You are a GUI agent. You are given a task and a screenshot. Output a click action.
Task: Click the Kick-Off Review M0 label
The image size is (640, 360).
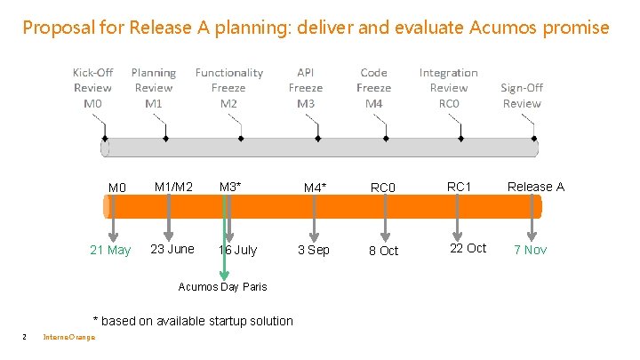(x=92, y=88)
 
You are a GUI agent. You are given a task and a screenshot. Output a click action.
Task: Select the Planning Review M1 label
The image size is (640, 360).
(x=154, y=88)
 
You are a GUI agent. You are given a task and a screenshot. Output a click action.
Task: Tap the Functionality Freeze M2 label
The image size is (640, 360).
(x=228, y=88)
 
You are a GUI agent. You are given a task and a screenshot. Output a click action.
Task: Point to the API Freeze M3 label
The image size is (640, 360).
(x=306, y=88)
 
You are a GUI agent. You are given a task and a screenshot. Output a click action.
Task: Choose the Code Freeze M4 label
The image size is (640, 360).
(x=373, y=88)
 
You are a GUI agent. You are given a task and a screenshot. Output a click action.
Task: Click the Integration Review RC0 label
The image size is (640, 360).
(x=448, y=88)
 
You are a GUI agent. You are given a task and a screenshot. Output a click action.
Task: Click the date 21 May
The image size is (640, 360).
(x=110, y=250)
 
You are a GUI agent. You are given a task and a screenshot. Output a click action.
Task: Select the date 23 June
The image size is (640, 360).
(x=172, y=249)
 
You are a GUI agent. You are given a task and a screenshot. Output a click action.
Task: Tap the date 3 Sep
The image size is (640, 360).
(x=314, y=250)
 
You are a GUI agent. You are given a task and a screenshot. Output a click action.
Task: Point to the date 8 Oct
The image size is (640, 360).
(x=383, y=251)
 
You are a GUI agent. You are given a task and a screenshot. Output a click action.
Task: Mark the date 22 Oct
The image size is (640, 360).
(x=468, y=248)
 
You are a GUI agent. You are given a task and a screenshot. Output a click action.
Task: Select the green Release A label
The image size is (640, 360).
(x=535, y=187)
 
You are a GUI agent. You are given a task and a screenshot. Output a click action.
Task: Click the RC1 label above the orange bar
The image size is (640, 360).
(x=459, y=186)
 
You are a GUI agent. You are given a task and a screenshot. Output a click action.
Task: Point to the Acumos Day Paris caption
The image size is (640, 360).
(x=222, y=286)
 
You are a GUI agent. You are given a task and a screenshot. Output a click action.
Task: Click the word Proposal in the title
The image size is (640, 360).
(x=55, y=28)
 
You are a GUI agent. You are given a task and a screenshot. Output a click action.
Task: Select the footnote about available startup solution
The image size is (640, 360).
(x=193, y=320)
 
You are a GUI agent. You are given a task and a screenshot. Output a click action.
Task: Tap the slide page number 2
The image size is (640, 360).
(x=24, y=336)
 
